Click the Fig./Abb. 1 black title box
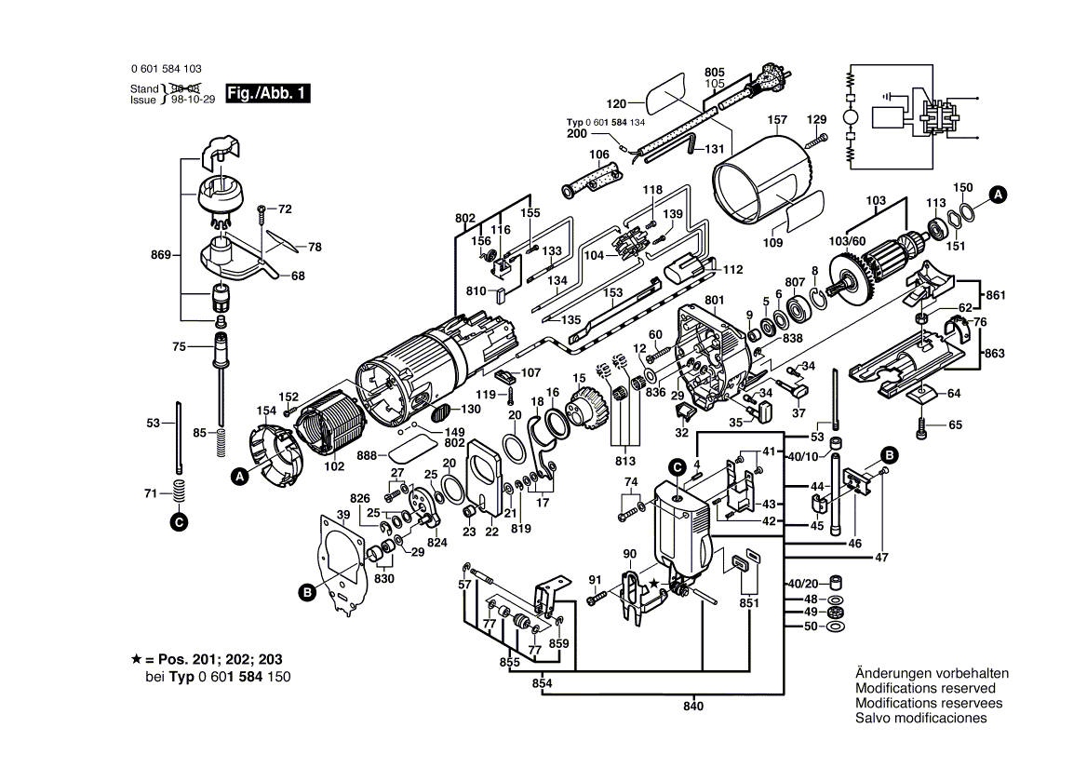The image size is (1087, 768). [x=268, y=94]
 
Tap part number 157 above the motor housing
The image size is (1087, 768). [x=777, y=120]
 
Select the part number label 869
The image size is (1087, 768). [x=161, y=255]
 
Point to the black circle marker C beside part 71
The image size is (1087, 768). [x=179, y=522]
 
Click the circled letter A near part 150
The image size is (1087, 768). [x=998, y=195]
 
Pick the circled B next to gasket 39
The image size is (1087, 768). [x=306, y=592]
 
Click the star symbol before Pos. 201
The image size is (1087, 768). [x=136, y=659]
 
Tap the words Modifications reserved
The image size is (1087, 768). [x=925, y=688]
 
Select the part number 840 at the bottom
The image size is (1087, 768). [x=692, y=707]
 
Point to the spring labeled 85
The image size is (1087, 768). [x=221, y=441]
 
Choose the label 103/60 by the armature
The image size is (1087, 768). [x=847, y=241]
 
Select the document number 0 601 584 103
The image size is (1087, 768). [x=167, y=69]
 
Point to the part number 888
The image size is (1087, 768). [x=367, y=455]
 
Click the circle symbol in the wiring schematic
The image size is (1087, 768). [x=850, y=116]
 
